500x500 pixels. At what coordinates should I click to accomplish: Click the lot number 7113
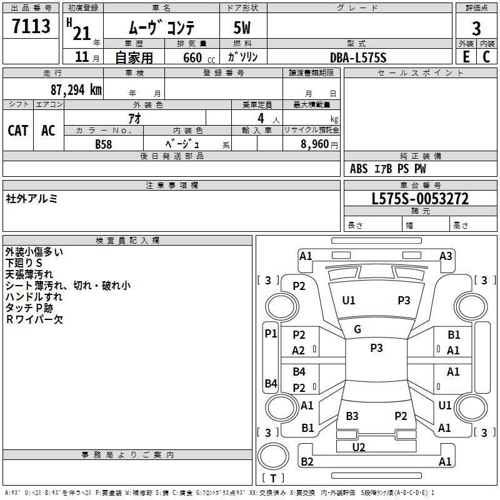[x=31, y=27]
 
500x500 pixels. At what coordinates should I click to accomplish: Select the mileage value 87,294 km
[x=76, y=90]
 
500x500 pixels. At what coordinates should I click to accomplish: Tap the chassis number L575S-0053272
[x=419, y=199]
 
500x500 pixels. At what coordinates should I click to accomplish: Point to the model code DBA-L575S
[x=358, y=57]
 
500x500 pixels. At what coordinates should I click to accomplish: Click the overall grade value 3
[x=476, y=28]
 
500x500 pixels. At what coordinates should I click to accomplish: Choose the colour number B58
[x=103, y=144]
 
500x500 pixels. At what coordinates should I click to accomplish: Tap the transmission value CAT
[x=17, y=131]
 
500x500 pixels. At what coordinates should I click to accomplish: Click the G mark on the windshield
[x=357, y=329]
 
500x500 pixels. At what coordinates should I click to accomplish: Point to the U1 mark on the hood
[x=348, y=301]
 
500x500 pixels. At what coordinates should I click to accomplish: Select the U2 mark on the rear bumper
[x=358, y=447]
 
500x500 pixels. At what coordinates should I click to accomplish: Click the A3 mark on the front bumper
[x=446, y=256]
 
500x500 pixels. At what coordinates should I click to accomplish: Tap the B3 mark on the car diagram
[x=352, y=416]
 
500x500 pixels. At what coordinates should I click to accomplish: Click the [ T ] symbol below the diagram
[x=273, y=478]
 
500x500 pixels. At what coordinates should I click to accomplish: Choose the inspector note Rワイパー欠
[x=34, y=319]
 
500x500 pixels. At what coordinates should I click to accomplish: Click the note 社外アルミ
[x=32, y=199]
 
